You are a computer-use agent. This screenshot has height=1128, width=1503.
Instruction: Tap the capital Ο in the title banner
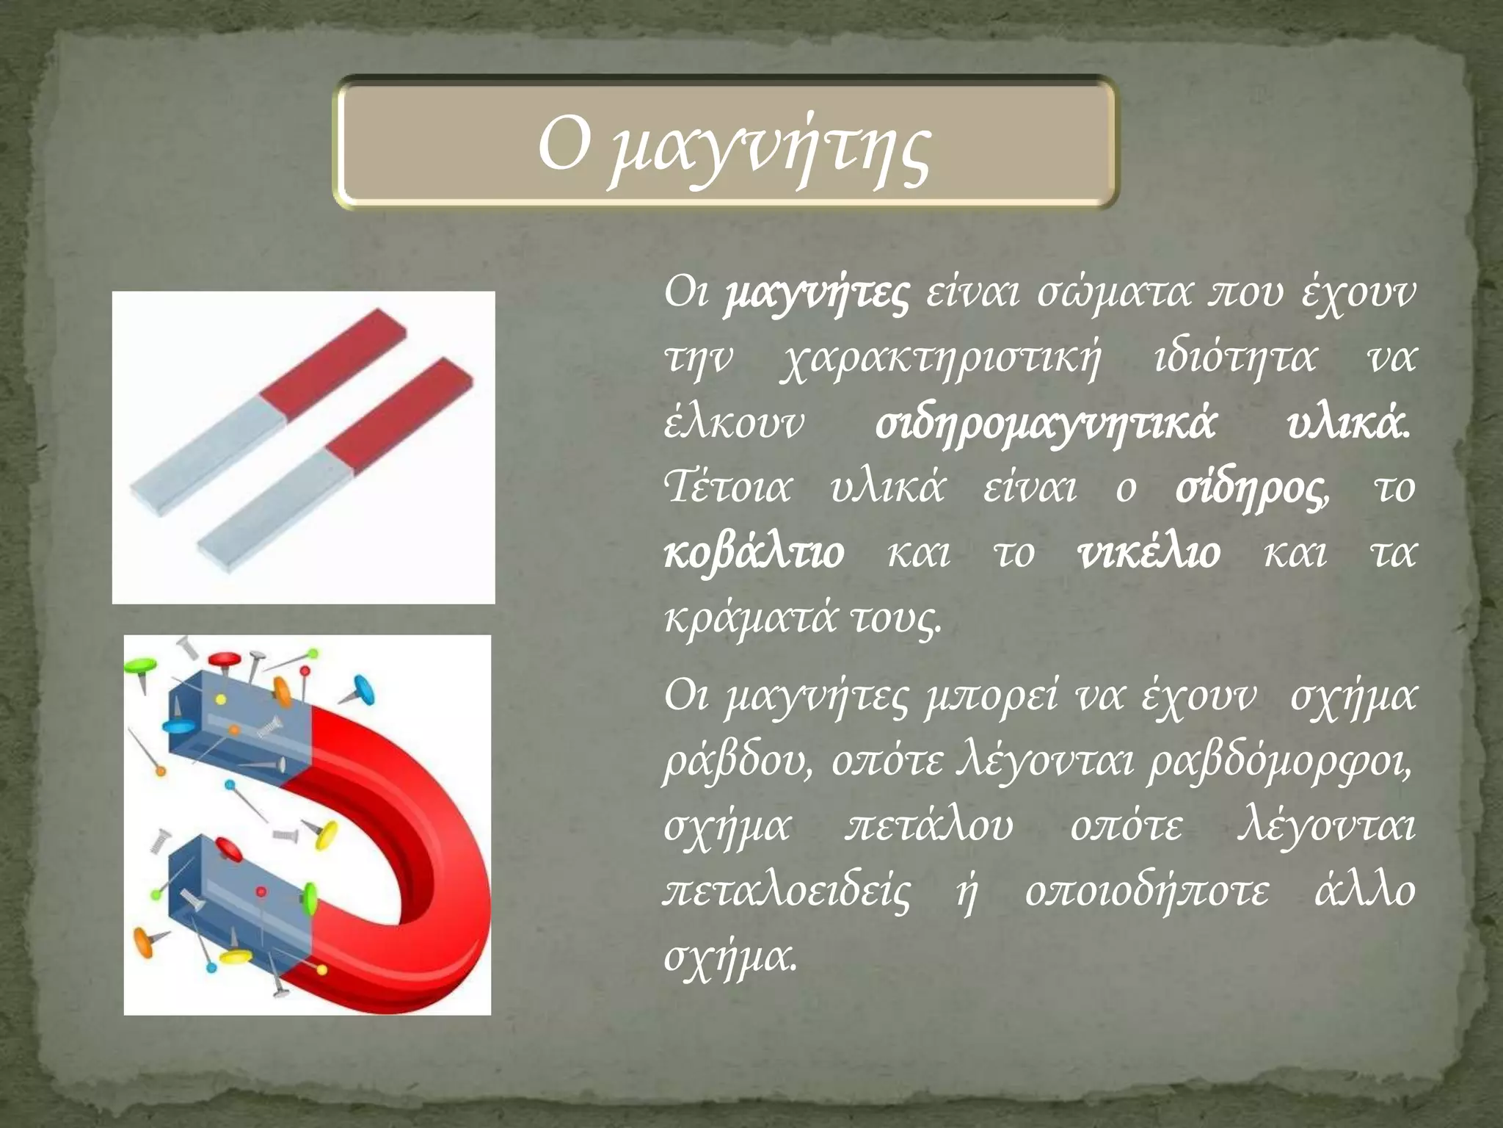[x=564, y=144]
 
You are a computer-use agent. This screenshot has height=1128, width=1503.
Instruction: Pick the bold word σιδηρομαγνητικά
[x=1045, y=424]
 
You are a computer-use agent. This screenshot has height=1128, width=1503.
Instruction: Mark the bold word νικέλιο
[x=1149, y=552]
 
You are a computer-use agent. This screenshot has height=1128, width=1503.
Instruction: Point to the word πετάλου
[x=928, y=825]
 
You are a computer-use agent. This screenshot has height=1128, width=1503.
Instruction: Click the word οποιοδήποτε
[x=1146, y=892]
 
